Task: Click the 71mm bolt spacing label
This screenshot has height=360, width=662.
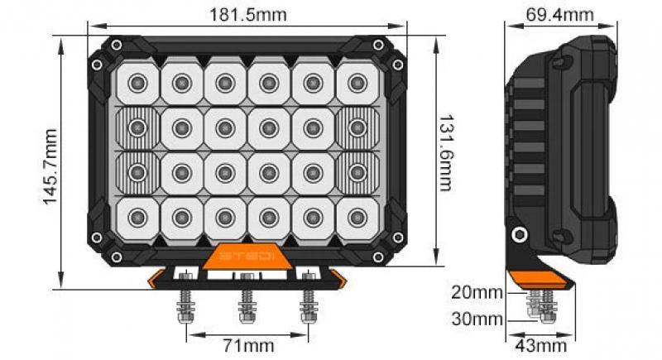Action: pyautogui.click(x=248, y=344)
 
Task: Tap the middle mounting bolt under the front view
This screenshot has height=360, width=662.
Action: pyautogui.click(x=245, y=306)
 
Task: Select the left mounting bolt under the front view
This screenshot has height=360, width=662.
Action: pyautogui.click(x=183, y=306)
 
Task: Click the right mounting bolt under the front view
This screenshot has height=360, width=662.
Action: pyautogui.click(x=308, y=306)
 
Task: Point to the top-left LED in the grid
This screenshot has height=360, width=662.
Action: pyautogui.click(x=138, y=82)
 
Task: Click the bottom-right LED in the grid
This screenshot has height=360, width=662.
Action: pyautogui.click(x=357, y=218)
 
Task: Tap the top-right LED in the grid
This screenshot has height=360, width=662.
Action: pyautogui.click(x=357, y=82)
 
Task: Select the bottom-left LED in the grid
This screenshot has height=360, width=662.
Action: pyautogui.click(x=138, y=218)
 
